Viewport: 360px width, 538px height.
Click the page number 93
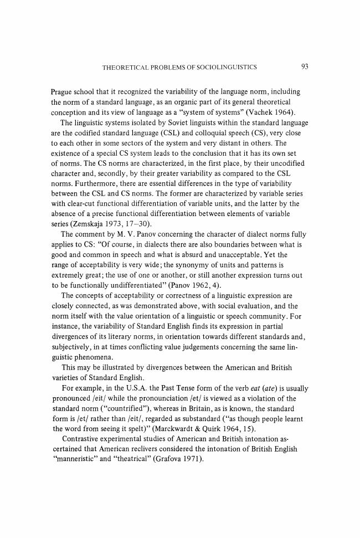click(305, 67)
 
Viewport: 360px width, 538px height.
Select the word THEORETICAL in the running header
click(123, 68)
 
